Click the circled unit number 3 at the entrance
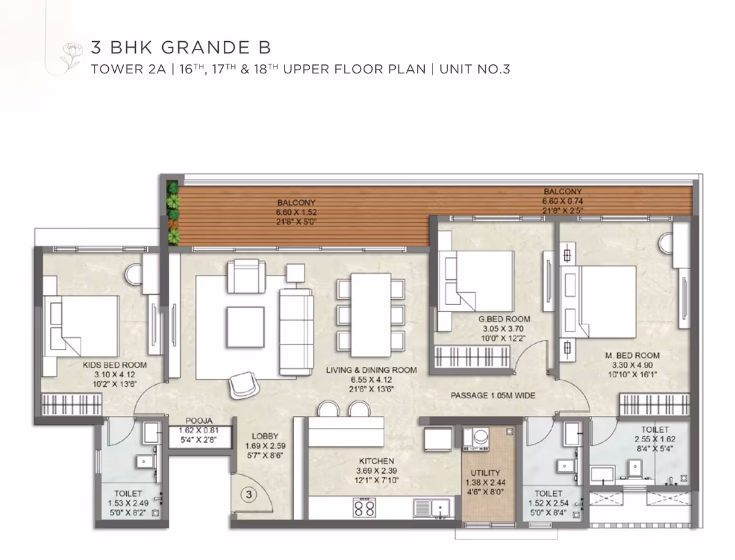(249, 494)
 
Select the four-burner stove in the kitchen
(364, 508)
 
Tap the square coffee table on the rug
(245, 326)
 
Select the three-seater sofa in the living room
(296, 331)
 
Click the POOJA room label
(199, 421)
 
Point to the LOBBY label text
(265, 436)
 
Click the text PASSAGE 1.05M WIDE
(492, 395)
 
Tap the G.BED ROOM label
(504, 319)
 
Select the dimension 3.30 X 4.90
(632, 365)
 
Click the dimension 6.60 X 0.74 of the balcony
(563, 201)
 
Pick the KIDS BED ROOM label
(115, 364)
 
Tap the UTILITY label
(485, 472)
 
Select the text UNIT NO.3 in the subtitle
(474, 70)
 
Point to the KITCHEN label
(377, 461)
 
